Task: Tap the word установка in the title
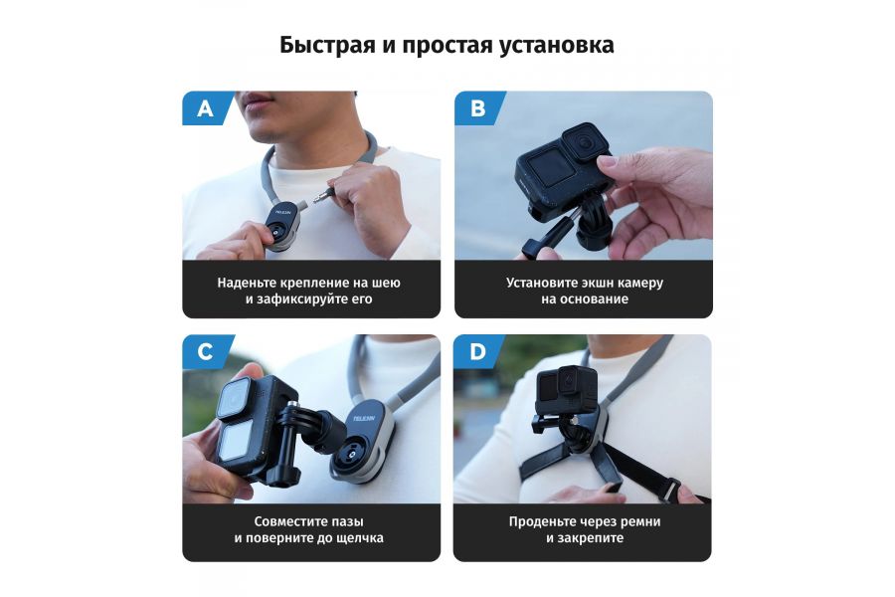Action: (557, 46)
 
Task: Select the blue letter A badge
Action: (204, 108)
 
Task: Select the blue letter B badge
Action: (477, 108)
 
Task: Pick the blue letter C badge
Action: (205, 352)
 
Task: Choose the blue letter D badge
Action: (477, 352)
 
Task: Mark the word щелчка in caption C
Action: (361, 537)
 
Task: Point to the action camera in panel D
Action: (567, 390)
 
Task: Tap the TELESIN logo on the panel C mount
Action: (363, 419)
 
